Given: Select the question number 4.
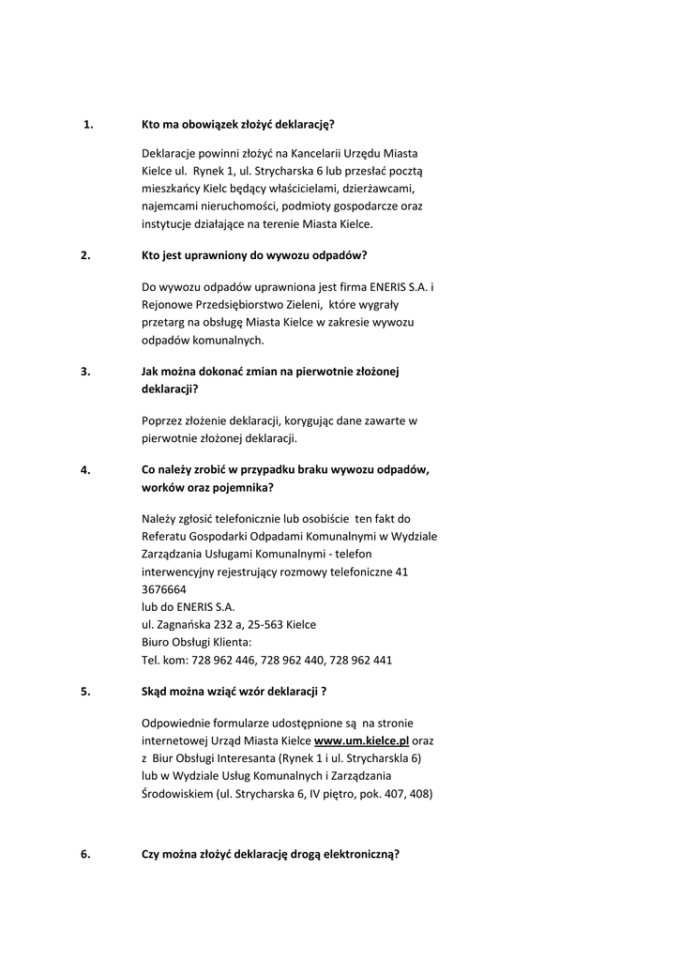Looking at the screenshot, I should tap(85, 471).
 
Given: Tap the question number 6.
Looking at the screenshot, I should tap(85, 854).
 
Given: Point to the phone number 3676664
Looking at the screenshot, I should tap(163, 588).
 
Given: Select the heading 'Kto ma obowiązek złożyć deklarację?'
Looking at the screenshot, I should tap(237, 124).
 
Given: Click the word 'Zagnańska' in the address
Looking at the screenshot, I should tap(188, 624).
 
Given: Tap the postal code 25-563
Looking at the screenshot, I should tap(264, 624).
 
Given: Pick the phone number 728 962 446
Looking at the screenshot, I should tap(222, 660).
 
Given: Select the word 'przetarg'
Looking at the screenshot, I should tap(163, 322).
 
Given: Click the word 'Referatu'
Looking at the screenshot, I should tap(166, 536).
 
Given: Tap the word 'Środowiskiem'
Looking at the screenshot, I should tap(176, 794).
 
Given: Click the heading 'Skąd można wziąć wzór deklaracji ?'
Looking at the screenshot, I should tap(234, 692).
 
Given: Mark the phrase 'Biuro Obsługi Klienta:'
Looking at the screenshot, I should tap(196, 642).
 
